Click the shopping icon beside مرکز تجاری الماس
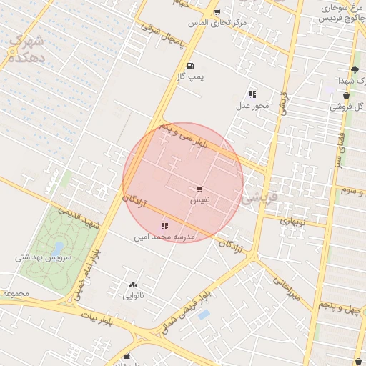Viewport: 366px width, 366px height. click(217, 12)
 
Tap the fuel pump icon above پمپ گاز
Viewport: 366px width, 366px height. click(190, 66)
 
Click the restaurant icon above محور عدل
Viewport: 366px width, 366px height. click(252, 94)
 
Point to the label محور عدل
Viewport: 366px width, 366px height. click(252, 106)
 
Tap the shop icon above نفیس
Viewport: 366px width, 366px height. click(199, 189)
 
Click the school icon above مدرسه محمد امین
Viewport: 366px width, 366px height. click(165, 225)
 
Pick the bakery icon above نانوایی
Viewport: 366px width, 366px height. click(133, 285)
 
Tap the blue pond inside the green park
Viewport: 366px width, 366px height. click(59, 247)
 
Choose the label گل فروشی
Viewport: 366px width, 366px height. click(347, 107)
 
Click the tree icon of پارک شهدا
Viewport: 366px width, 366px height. click(354, 70)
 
